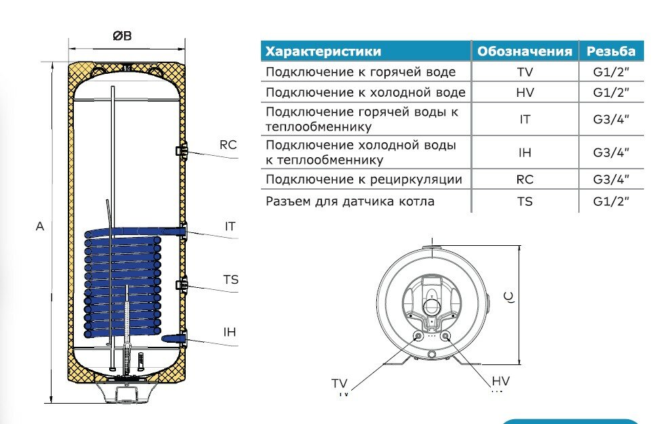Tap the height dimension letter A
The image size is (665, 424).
coord(40,227)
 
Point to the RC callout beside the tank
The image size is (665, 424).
coord(228,144)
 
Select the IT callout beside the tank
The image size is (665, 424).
coord(230,227)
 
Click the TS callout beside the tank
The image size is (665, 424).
coord(230,280)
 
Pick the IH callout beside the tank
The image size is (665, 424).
coord(230,332)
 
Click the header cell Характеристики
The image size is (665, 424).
coord(323,51)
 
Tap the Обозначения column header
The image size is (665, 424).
coord(525,51)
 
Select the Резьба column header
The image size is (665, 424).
coord(611,51)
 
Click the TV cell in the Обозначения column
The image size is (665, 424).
coord(525,72)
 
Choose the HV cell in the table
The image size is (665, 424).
coord(525,92)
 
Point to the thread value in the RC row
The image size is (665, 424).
coord(611,179)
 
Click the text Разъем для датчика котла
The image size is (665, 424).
coord(350,201)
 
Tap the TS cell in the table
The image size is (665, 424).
coord(525,201)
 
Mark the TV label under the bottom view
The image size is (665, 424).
coord(339,384)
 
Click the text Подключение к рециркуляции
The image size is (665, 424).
coord(364,179)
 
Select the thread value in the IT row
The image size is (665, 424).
coord(611,119)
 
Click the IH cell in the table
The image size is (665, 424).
coord(525,152)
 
